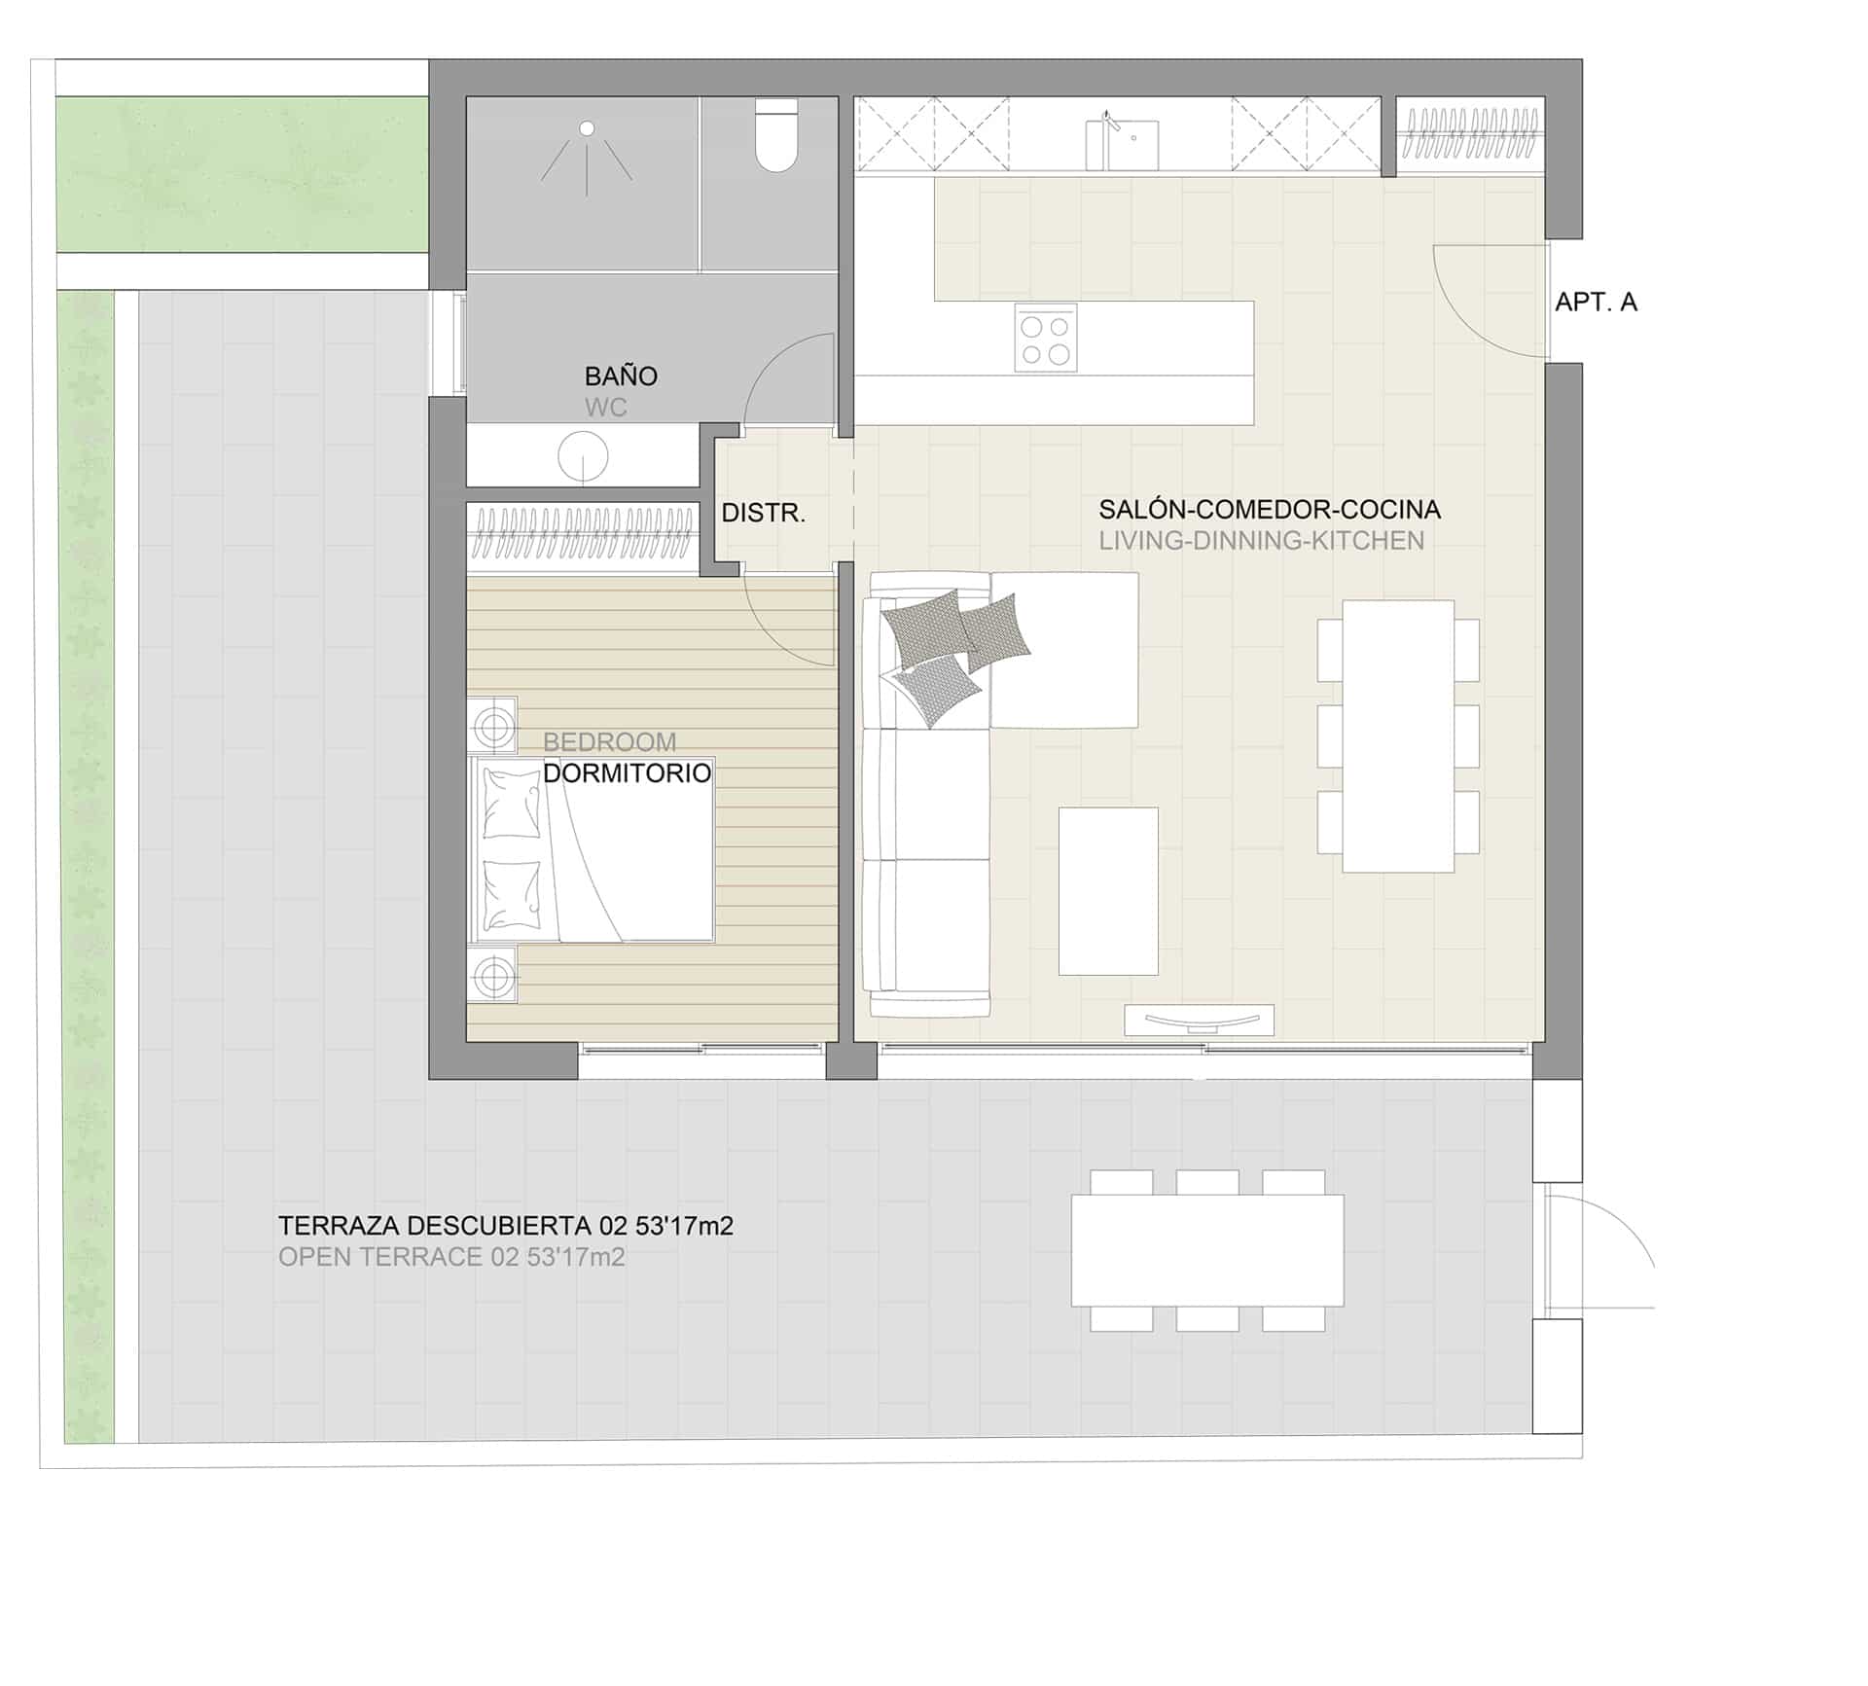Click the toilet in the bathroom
click(776, 136)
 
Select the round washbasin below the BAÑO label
click(583, 455)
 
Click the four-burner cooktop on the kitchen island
click(1046, 338)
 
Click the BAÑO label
click(621, 376)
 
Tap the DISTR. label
click(764, 513)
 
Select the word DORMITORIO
click(627, 772)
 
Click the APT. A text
click(1596, 302)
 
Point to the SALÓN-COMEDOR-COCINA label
click(1270, 509)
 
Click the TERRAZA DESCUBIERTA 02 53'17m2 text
click(506, 1226)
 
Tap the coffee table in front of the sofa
click(1108, 890)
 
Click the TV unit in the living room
click(1199, 1020)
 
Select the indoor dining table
click(1398, 735)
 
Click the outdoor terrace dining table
click(1207, 1250)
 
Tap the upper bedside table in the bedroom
click(492, 726)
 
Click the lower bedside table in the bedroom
click(492, 974)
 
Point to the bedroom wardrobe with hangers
click(583, 535)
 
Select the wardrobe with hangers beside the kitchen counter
click(1471, 135)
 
